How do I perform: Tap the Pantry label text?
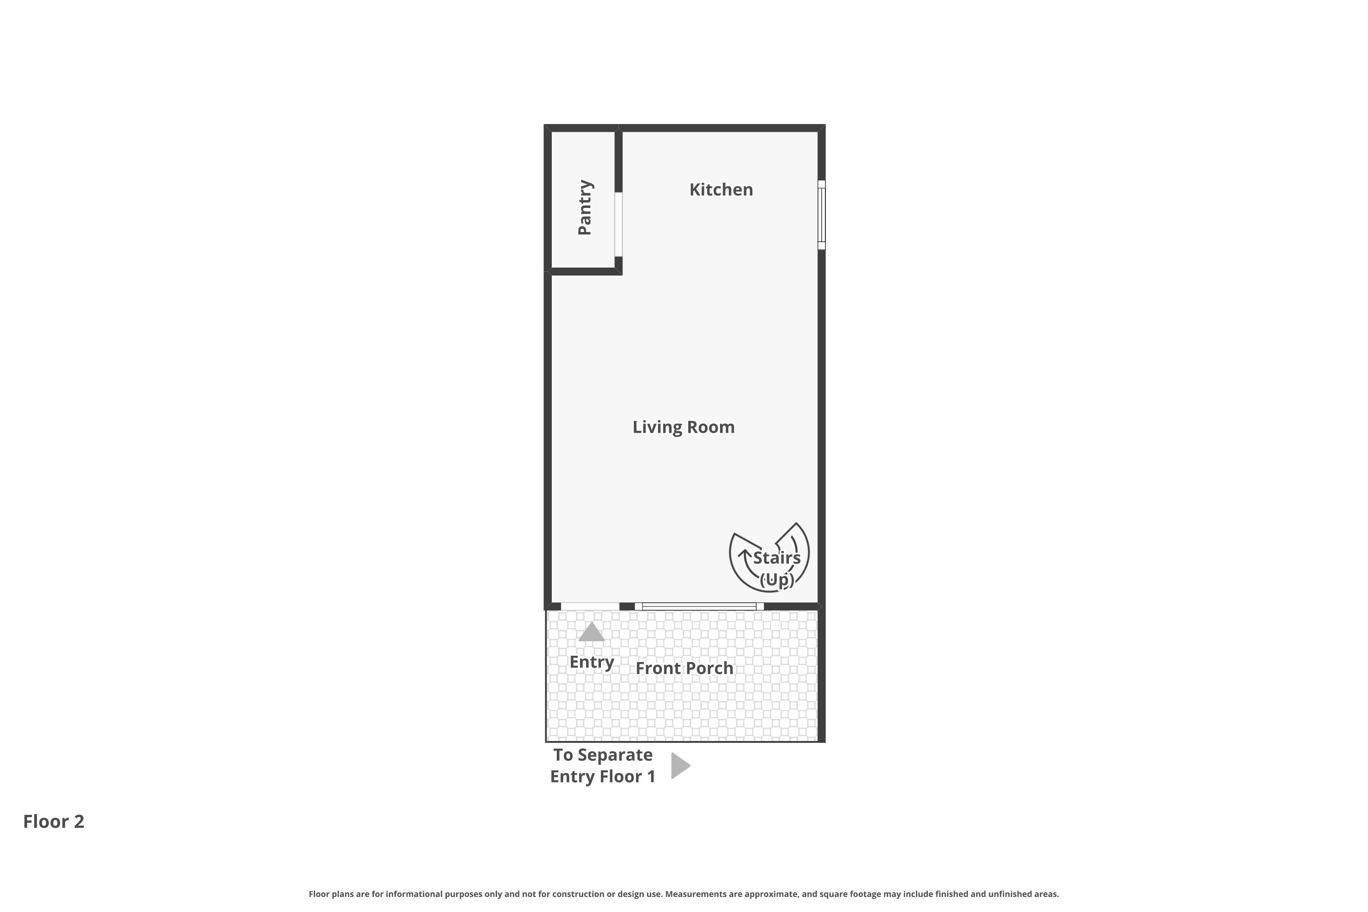(x=585, y=207)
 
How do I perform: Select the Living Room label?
(x=684, y=427)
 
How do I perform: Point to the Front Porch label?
(x=684, y=668)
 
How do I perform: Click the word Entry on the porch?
(x=591, y=662)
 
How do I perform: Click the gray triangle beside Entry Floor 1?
(x=679, y=766)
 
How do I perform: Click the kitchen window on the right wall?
(x=821, y=215)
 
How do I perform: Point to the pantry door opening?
(x=618, y=224)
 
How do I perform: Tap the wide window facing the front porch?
(x=699, y=606)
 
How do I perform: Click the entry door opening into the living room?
(x=589, y=606)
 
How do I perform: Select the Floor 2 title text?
(x=53, y=821)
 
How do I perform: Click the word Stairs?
(x=777, y=558)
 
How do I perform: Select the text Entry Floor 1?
(x=602, y=777)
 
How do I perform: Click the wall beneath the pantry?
(x=583, y=271)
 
